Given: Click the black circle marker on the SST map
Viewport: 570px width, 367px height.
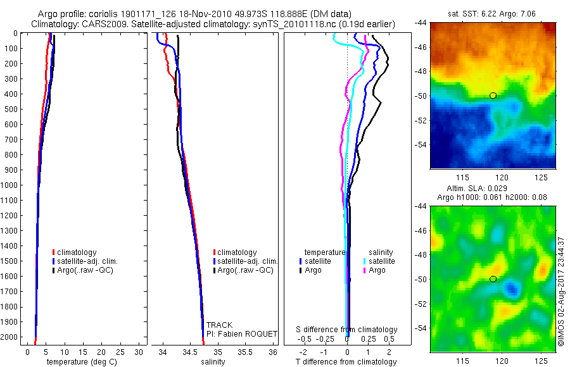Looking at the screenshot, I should [493, 96].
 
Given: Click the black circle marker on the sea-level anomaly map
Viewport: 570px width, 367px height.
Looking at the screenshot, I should [493, 279].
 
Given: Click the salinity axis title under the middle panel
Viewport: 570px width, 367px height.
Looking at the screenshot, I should [213, 362].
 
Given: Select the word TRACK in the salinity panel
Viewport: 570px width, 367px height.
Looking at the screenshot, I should [219, 325].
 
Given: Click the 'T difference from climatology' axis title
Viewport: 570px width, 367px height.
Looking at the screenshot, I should [347, 362].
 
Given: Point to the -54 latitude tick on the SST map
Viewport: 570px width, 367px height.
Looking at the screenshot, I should [421, 145].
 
